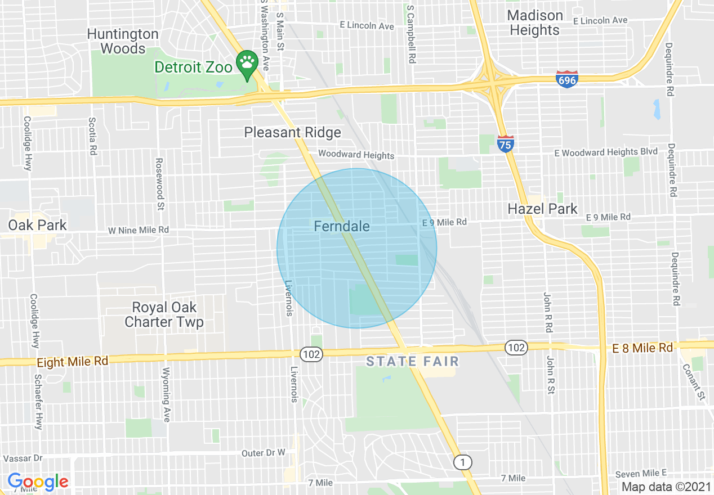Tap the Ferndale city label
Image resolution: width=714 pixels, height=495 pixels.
[342, 226]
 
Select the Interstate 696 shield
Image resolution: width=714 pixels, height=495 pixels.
[566, 79]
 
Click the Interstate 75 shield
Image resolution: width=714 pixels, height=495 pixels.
[506, 144]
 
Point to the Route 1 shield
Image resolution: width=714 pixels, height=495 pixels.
[462, 462]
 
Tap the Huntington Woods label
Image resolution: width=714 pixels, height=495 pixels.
[123, 41]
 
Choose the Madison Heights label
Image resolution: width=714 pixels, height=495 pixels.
[535, 22]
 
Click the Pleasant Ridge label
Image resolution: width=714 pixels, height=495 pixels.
[292, 132]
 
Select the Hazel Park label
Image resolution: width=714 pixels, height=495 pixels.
[542, 209]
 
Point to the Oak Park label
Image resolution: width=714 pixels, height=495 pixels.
[37, 225]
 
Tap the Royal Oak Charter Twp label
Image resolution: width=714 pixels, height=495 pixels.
[164, 314]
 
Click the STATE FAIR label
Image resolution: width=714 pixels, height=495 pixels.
[413, 361]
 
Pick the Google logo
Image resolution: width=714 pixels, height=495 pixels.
[38, 481]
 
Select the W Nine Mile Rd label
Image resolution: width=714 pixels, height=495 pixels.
[139, 230]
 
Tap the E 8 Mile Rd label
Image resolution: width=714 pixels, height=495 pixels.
[642, 348]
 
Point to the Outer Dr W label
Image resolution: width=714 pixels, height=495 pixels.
[264, 453]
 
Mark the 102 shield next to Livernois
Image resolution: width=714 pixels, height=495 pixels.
[311, 354]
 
